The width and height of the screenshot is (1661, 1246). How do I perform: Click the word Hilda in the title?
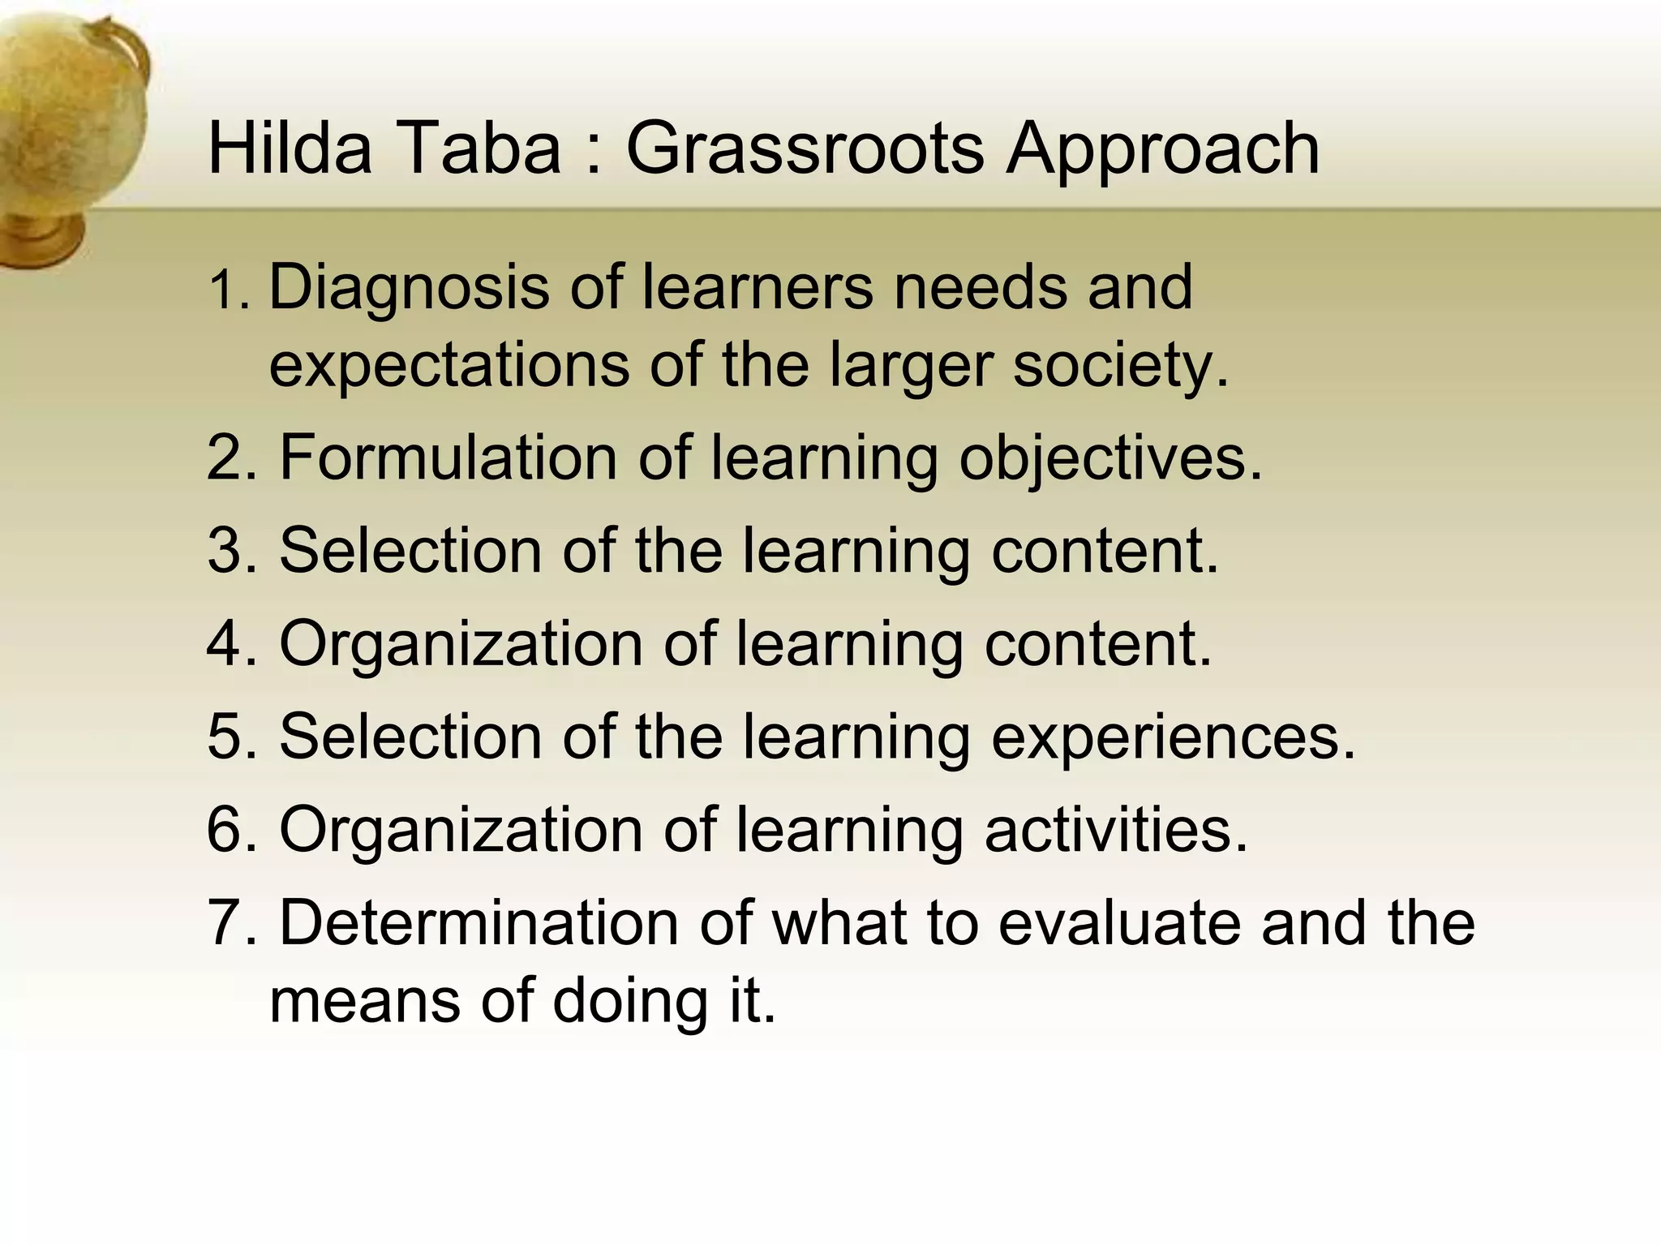[290, 148]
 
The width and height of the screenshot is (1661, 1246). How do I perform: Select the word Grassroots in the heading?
[804, 149]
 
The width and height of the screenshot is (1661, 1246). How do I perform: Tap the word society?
[1121, 367]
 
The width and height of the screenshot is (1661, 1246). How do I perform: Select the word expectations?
[449, 367]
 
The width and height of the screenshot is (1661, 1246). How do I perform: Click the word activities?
[1116, 830]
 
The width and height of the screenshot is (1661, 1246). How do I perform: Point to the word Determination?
[479, 923]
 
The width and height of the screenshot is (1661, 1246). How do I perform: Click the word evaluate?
[1119, 923]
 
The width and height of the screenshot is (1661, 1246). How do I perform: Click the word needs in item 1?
[981, 289]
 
